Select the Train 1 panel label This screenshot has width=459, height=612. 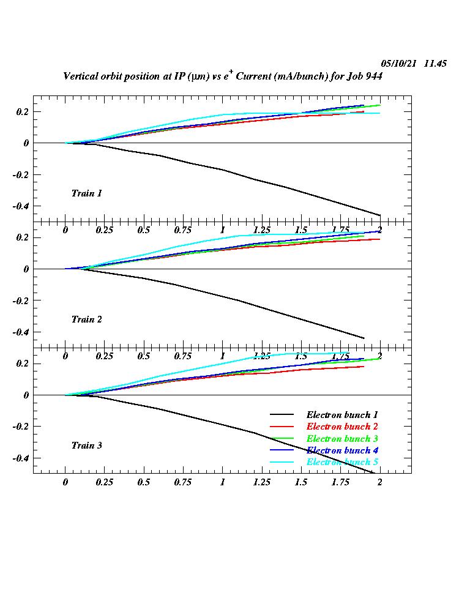(86, 193)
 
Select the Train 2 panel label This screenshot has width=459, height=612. (86, 319)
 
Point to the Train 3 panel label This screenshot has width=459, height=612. (86, 446)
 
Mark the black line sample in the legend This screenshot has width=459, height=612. (284, 416)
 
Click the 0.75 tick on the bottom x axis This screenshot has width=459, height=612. (183, 482)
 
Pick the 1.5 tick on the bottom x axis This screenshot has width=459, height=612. (301, 482)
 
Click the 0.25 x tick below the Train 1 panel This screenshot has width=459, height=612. (105, 230)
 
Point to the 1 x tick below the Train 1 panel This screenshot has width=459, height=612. (223, 230)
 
